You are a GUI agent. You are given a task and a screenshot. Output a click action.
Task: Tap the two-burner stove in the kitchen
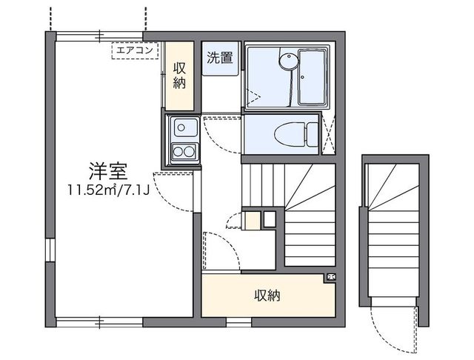(x=182, y=153)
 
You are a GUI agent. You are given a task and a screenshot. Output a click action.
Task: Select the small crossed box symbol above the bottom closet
(x=330, y=278)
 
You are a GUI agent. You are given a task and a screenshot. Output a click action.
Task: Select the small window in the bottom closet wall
(x=238, y=322)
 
